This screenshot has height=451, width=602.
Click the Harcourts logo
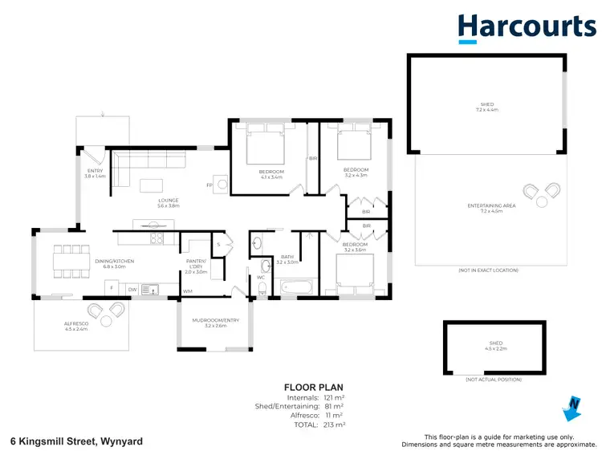(526, 28)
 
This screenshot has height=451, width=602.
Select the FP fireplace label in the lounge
(210, 184)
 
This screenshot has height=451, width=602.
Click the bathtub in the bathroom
(299, 286)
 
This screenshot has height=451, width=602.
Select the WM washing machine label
(188, 291)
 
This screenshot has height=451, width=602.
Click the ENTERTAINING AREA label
(491, 208)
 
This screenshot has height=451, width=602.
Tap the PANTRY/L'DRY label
(197, 266)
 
